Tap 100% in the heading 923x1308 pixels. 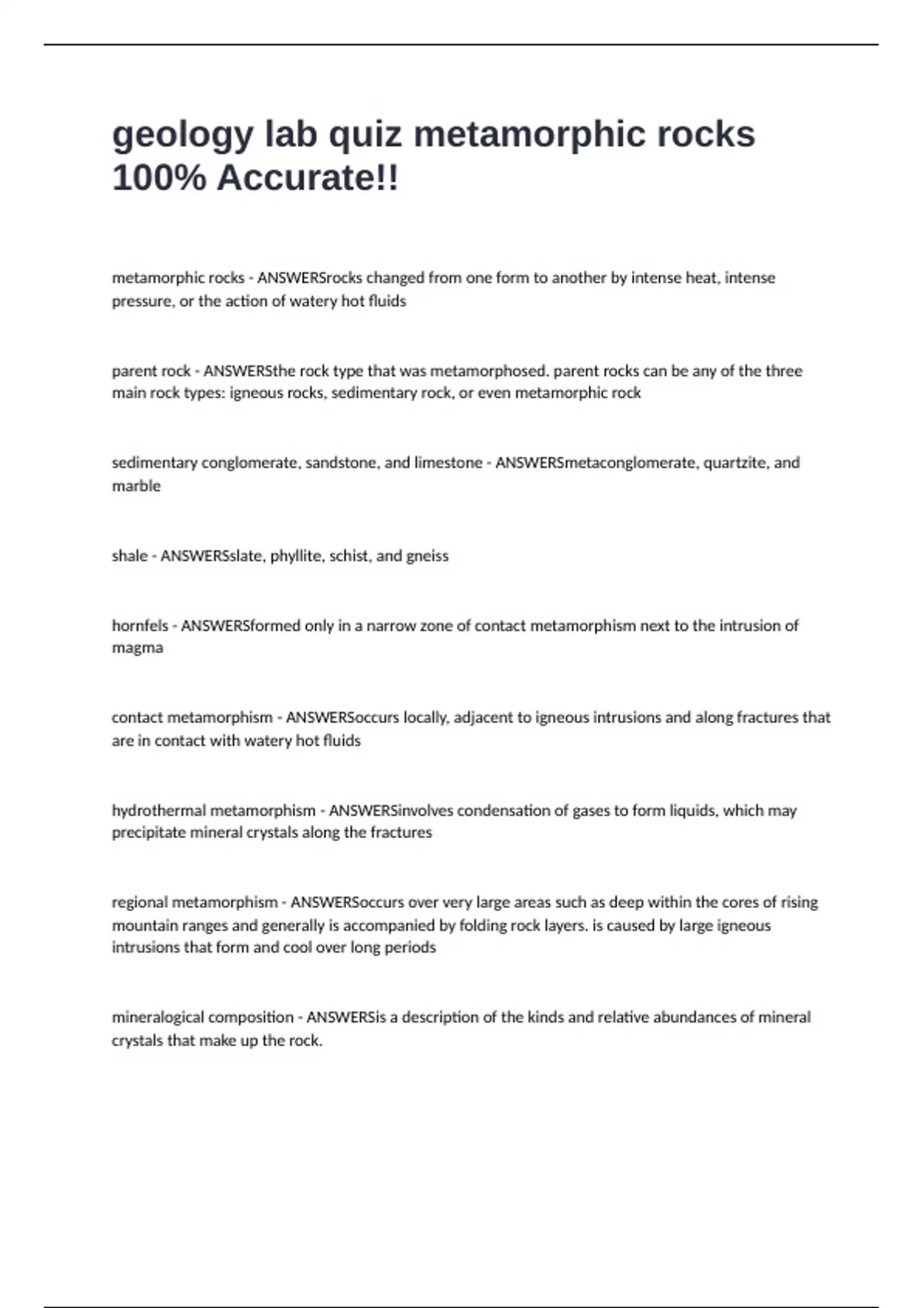point(158,179)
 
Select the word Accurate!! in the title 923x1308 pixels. point(308,179)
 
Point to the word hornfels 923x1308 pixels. point(139,626)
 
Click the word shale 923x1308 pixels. point(129,556)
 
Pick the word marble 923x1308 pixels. point(136,485)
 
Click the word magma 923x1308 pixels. point(137,647)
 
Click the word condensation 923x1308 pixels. point(501,810)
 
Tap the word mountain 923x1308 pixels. point(141,925)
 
